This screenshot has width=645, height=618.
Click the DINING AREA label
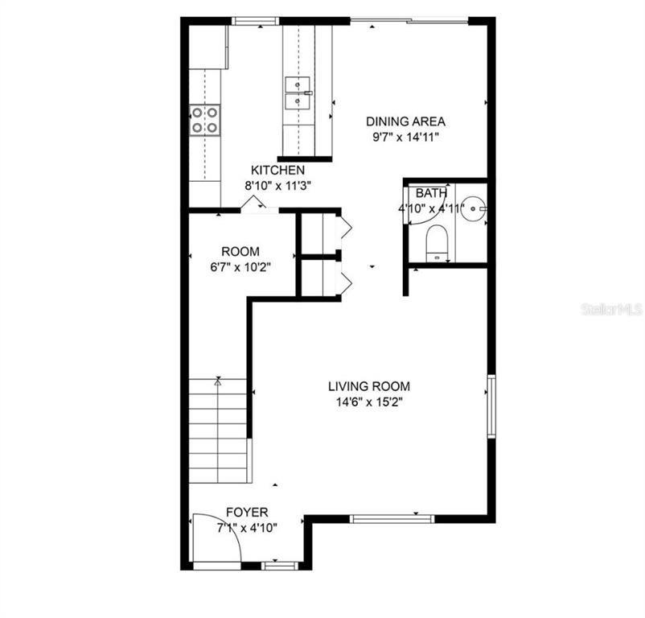405,122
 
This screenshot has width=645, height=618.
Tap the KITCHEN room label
277,170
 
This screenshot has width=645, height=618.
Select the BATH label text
431,193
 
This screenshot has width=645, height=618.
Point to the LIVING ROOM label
369,386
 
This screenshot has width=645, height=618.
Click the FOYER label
246,512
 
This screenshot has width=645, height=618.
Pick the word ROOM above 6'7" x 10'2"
240,252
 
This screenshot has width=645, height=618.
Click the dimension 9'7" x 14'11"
405,137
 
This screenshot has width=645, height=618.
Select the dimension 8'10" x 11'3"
277,185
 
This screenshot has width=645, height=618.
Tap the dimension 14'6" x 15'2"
369,402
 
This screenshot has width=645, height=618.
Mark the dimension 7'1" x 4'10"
246,527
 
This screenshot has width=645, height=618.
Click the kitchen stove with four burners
204,120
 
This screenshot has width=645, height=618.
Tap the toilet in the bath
438,241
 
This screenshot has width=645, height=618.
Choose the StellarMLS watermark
611,309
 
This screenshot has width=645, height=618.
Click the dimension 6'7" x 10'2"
240,267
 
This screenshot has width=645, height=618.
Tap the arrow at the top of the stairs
218,383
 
